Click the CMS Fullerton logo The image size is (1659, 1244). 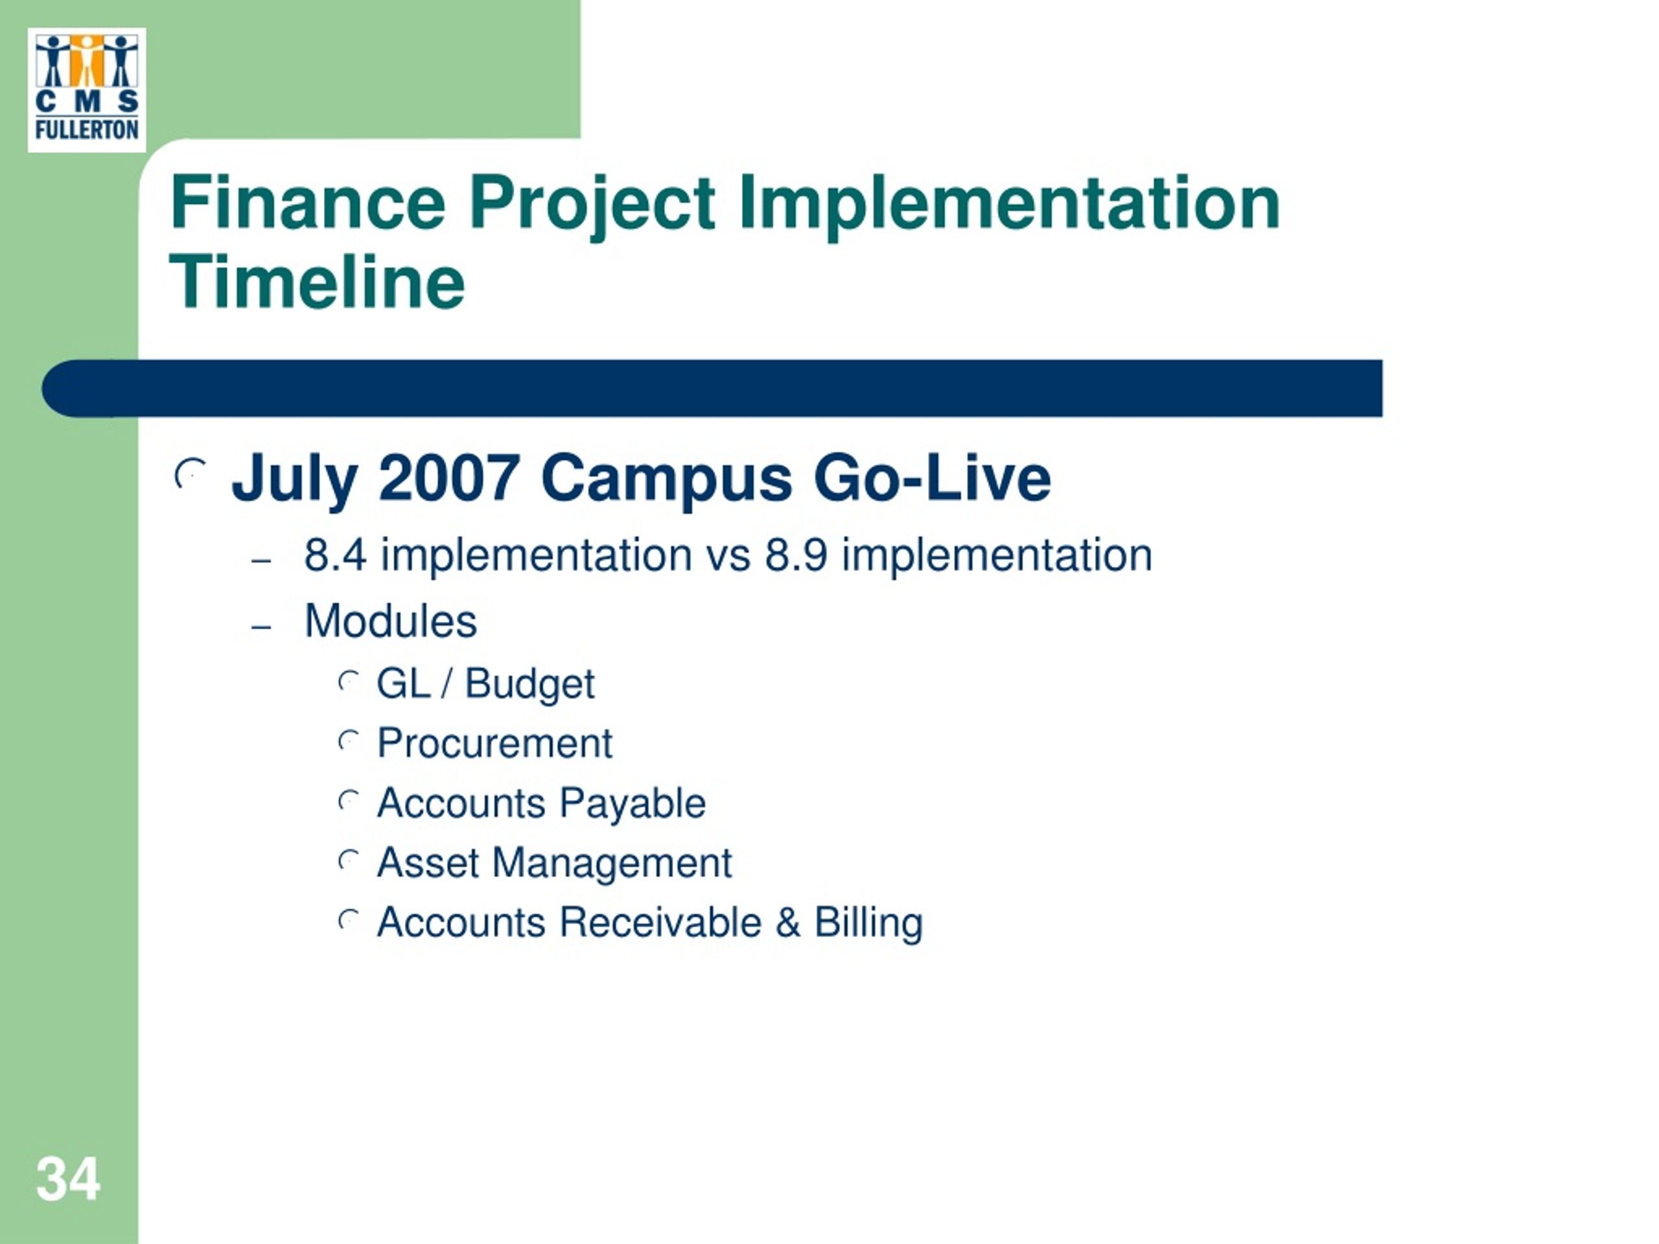[87, 90]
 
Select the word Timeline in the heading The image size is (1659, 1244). [318, 282]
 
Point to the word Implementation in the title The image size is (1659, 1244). [1010, 204]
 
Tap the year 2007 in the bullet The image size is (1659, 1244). [449, 478]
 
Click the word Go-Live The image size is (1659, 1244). [933, 478]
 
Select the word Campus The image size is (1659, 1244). [666, 481]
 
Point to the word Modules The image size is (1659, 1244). [391, 621]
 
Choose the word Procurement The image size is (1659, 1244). [495, 743]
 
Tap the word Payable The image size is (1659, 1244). [633, 804]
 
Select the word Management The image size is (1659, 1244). [612, 864]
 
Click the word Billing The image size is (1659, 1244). [868, 923]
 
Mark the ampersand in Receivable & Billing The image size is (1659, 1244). [788, 923]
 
